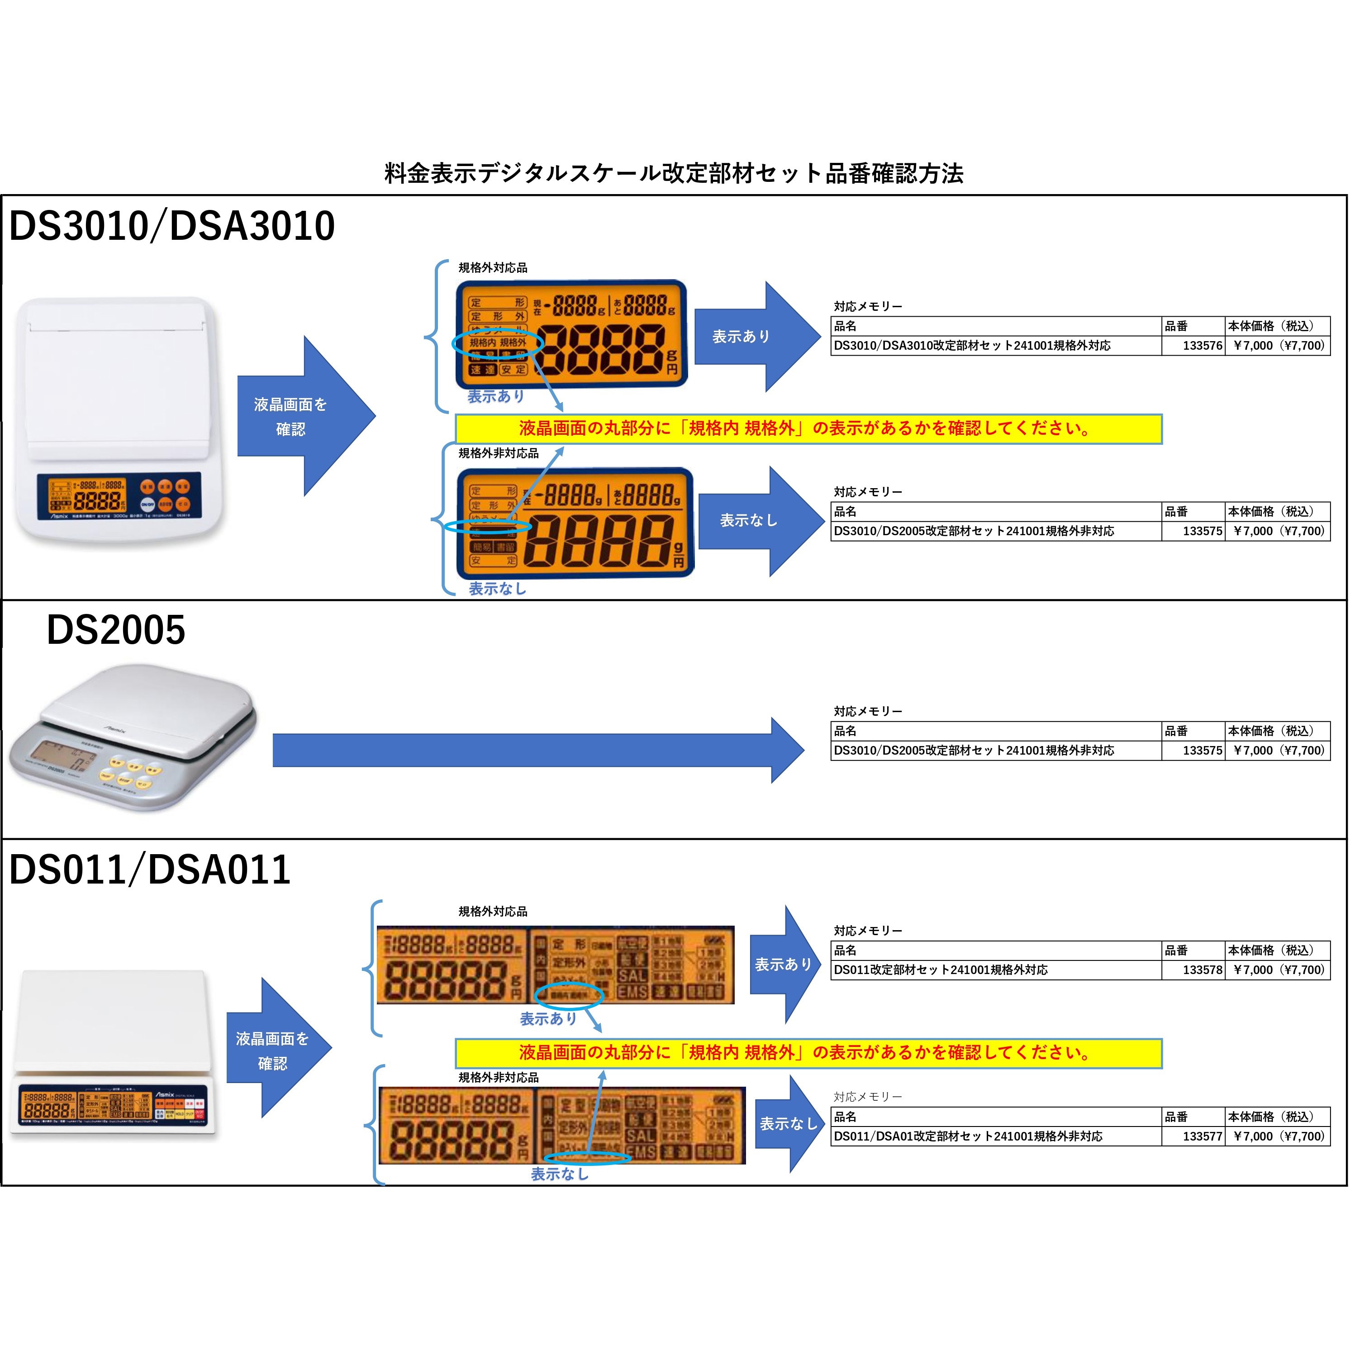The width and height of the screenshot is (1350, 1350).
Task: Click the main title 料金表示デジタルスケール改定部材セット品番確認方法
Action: coord(674,173)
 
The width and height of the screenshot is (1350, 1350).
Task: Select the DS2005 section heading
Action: coord(116,630)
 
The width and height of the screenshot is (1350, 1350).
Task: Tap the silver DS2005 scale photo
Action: coord(133,737)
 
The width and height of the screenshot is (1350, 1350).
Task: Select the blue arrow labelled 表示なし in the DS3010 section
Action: coord(758,521)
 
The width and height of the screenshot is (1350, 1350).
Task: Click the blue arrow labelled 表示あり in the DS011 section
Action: coord(783,964)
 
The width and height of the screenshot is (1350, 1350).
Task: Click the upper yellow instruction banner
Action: coord(808,428)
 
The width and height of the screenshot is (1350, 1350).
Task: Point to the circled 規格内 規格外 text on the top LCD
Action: coord(498,342)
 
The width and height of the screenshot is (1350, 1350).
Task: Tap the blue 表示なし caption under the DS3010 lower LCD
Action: coord(497,588)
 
